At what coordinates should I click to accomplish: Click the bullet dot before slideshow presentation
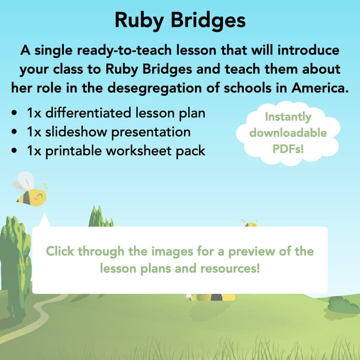[16, 132]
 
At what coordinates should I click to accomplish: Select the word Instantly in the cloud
[288, 117]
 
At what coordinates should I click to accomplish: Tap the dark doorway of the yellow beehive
[216, 297]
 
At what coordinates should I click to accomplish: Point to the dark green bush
[343, 305]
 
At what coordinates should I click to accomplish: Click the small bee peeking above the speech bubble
[250, 223]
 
